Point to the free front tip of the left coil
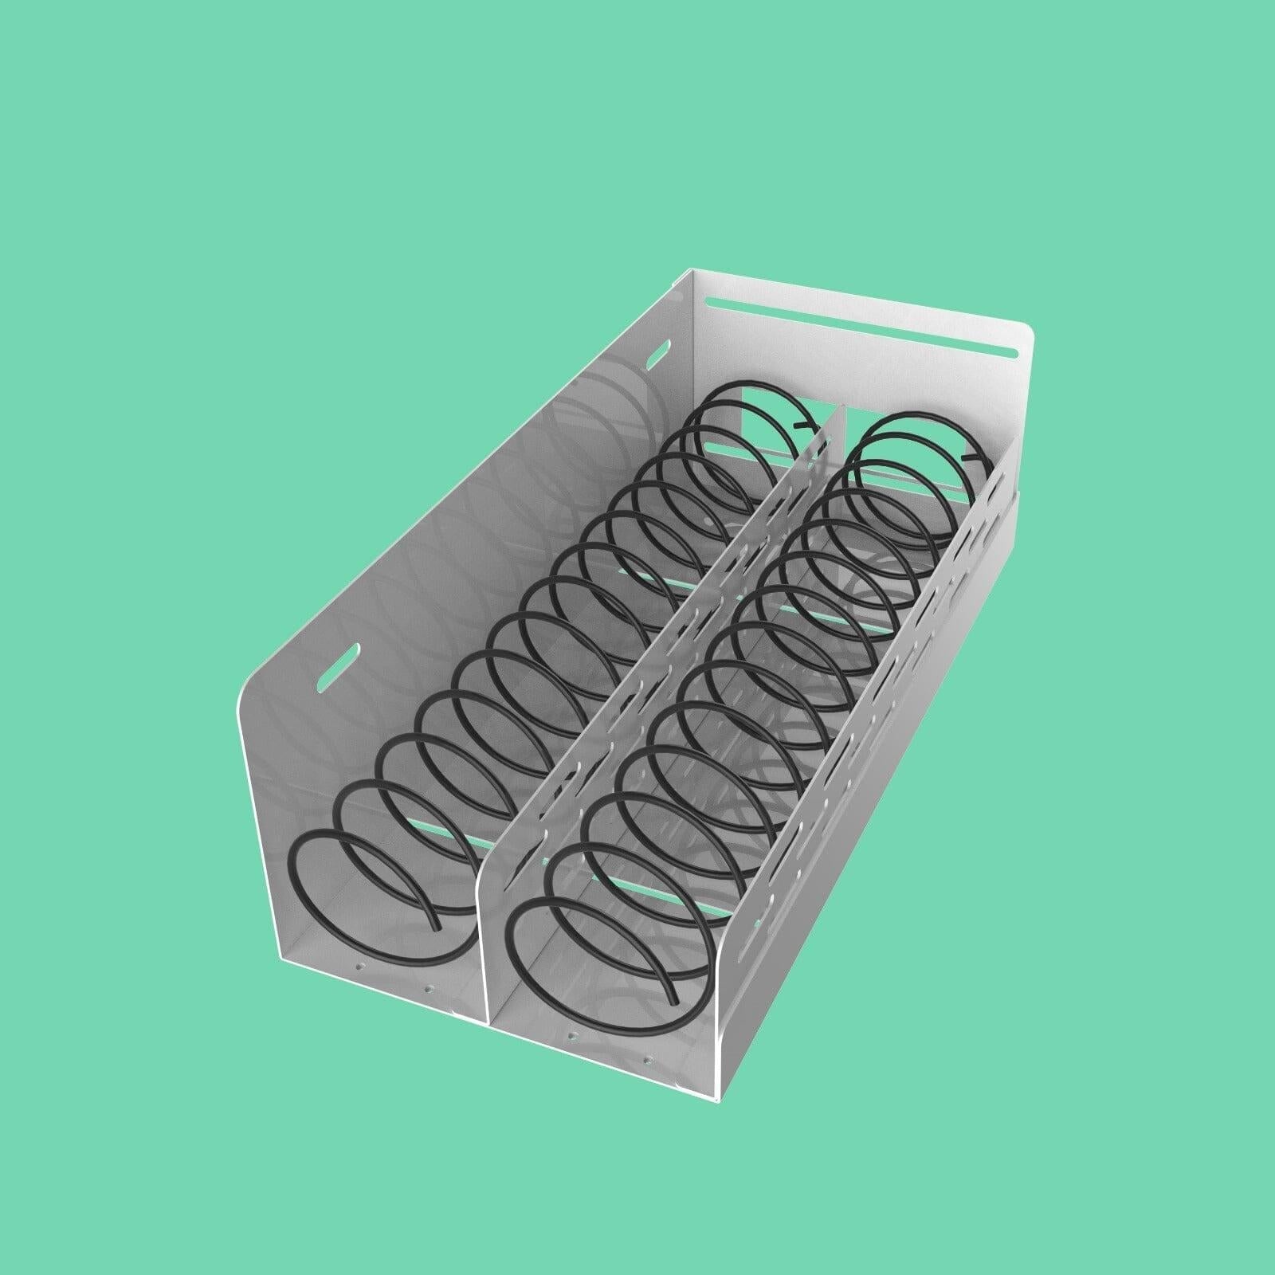click(x=436, y=926)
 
